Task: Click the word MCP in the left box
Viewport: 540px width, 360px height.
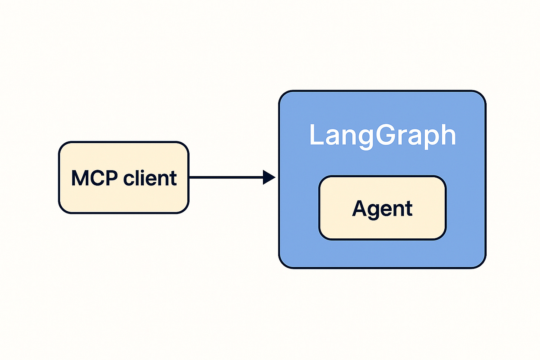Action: pos(94,178)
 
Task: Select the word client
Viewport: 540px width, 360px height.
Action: pos(150,178)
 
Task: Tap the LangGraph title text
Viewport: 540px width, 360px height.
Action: pos(382,135)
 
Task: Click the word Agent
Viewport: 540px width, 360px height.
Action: pos(382,209)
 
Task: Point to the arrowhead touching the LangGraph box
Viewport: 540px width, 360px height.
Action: pos(269,177)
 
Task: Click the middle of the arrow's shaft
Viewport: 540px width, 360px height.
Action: pos(226,177)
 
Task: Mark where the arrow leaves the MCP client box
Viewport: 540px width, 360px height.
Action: pos(190,177)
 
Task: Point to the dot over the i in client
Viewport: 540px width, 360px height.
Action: pos(142,171)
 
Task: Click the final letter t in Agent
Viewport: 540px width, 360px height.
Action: pos(409,209)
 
